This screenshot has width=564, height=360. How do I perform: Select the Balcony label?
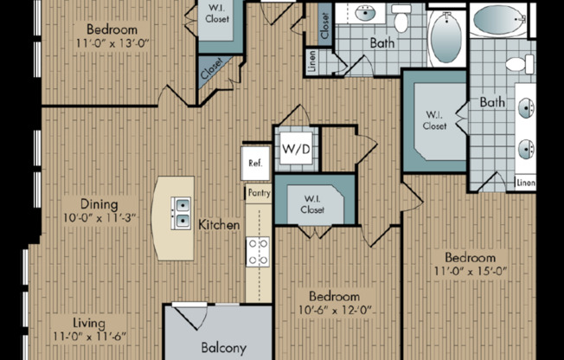click(x=224, y=347)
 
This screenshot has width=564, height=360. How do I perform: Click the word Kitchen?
click(x=219, y=225)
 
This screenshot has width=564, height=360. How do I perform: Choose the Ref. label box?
click(x=255, y=163)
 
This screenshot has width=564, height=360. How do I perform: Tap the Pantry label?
click(x=258, y=193)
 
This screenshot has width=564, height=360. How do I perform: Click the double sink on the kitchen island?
click(x=183, y=213)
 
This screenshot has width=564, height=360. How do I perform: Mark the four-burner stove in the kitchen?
click(x=258, y=252)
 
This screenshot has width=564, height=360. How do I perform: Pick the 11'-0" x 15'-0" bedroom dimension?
click(x=470, y=273)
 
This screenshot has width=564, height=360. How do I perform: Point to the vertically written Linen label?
click(x=311, y=62)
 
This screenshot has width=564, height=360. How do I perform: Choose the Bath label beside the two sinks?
click(x=492, y=102)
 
